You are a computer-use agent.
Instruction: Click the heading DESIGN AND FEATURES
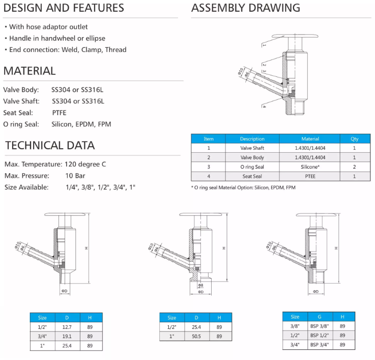64,8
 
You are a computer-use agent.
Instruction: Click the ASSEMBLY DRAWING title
245,8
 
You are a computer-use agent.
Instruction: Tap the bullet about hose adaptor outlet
48,26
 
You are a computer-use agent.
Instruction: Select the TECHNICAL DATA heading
50,146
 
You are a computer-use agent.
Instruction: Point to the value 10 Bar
75,176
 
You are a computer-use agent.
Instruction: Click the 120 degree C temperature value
85,164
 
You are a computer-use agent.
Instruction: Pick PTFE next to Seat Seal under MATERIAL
59,113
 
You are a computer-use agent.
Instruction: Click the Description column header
252,139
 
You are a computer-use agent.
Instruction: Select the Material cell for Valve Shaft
310,148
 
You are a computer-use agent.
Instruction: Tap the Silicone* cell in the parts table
310,167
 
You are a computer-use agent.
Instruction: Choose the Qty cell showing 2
354,167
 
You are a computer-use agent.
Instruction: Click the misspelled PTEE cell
310,176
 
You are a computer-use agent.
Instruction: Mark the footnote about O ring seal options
243,187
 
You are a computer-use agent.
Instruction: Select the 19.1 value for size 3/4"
67,336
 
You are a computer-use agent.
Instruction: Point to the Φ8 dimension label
200,286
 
